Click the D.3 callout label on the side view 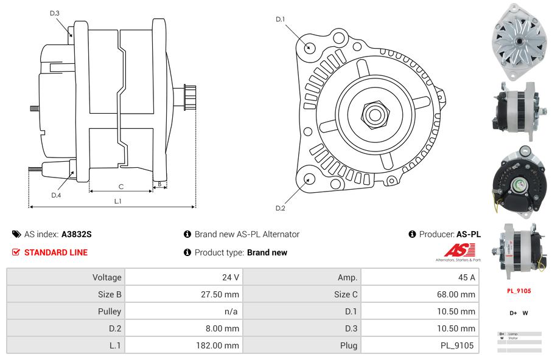(55, 13)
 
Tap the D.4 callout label (56, 195)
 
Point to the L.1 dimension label (118, 201)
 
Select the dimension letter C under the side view (121, 187)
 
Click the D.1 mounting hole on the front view (309, 47)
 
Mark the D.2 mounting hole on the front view (309, 179)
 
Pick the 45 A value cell (419, 277)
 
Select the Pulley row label (66, 311)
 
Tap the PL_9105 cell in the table (419, 345)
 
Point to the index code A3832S (77, 234)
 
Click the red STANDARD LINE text (56, 252)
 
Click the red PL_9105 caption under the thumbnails (519, 291)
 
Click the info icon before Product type (187, 252)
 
